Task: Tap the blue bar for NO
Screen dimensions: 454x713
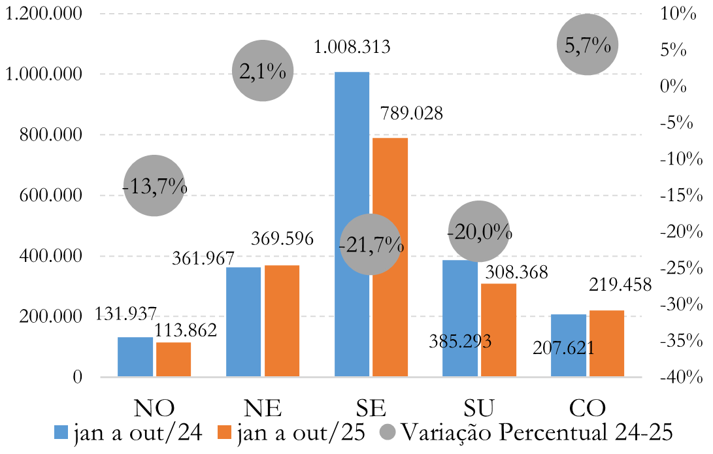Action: coord(135,357)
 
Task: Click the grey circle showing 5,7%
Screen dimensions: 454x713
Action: coord(587,45)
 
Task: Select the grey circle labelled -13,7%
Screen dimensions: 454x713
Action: coord(154,186)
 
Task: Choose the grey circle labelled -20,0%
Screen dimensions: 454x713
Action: coord(478,231)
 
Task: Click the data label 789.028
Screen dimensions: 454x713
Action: coord(411,114)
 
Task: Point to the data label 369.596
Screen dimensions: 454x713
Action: coord(282,238)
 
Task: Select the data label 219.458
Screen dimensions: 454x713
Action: coord(620,285)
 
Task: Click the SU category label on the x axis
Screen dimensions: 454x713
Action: coord(480,408)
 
